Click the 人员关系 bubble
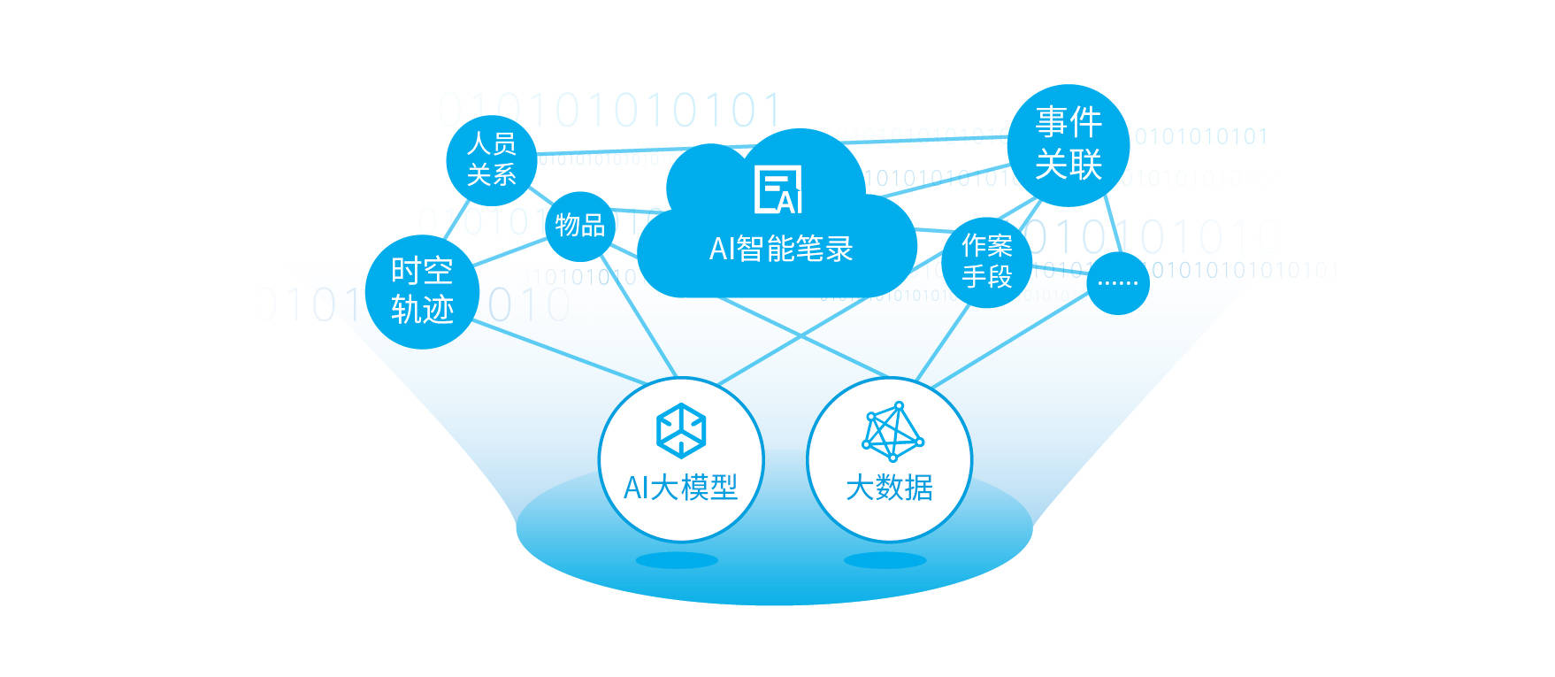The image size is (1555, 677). pyautogui.click(x=492, y=160)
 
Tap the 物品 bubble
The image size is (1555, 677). pyautogui.click(x=579, y=226)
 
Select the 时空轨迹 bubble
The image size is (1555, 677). pyautogui.click(x=422, y=291)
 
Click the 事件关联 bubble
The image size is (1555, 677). pyautogui.click(x=1069, y=144)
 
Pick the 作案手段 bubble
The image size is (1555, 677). pyautogui.click(x=986, y=261)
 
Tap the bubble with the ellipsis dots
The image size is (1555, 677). pyautogui.click(x=1117, y=283)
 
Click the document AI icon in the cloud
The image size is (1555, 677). pyautogui.click(x=778, y=189)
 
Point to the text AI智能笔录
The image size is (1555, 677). pyautogui.click(x=780, y=249)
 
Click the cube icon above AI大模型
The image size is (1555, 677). pyautogui.click(x=680, y=430)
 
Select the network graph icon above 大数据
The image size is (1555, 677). pyautogui.click(x=893, y=431)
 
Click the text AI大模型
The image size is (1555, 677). pyautogui.click(x=680, y=487)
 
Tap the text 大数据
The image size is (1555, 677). pyautogui.click(x=889, y=487)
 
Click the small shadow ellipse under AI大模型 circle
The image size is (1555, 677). pyautogui.click(x=677, y=560)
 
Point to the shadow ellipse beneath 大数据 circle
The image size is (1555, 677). pyautogui.click(x=885, y=560)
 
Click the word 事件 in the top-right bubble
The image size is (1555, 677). pyautogui.click(x=1069, y=122)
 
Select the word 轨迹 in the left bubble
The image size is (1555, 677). pyautogui.click(x=422, y=310)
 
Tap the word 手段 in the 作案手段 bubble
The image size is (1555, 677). pyautogui.click(x=986, y=277)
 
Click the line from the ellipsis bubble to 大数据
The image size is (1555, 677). pyautogui.click(x=1008, y=342)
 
